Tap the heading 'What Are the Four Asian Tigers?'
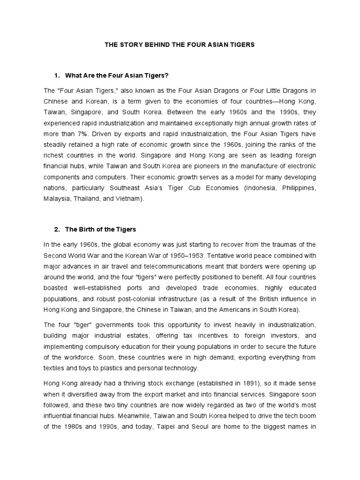coord(117,75)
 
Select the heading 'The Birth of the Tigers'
coord(100,229)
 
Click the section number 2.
coord(56,229)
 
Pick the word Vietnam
coord(142,199)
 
